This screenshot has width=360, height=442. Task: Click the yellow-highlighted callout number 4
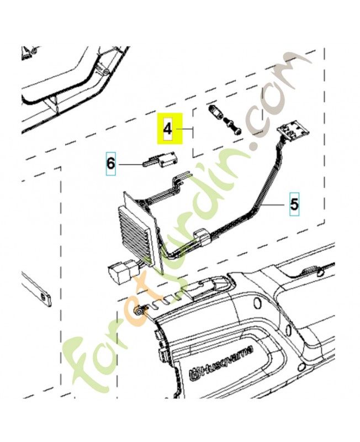pos(168,129)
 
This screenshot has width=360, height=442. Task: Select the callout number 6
pos(110,164)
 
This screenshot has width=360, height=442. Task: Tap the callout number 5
pos(294,204)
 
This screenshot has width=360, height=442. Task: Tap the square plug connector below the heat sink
pos(119,273)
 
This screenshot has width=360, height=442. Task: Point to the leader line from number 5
pos(272,205)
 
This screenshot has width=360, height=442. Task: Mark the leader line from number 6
pos(130,164)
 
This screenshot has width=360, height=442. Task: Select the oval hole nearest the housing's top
pos(256,302)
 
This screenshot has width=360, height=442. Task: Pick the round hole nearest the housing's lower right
pos(301,366)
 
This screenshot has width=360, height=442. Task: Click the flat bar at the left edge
pos(36,289)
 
